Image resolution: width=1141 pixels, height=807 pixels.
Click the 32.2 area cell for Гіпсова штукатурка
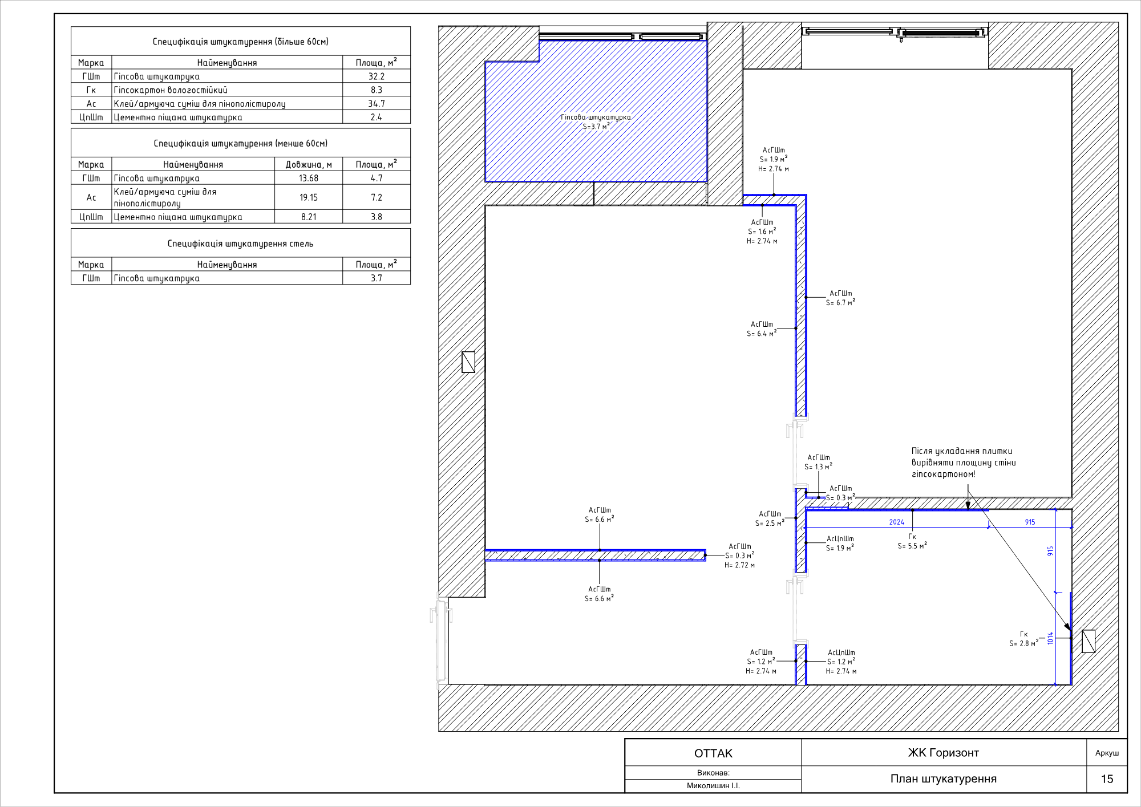point(377,76)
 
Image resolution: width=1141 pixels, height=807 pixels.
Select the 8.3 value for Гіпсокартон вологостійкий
point(377,90)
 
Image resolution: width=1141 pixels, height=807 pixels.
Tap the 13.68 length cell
point(309,178)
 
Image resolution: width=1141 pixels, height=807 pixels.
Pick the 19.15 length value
point(309,197)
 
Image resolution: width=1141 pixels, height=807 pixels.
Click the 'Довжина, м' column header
point(309,165)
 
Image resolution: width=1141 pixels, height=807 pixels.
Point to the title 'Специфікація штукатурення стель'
point(240,244)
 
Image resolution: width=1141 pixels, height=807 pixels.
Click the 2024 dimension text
point(897,522)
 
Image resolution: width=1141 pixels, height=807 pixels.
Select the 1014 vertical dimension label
point(1050,638)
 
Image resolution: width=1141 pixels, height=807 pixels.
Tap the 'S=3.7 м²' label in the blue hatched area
point(596,127)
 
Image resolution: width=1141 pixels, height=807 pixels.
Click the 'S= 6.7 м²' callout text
point(841,303)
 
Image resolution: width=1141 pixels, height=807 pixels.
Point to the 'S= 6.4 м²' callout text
point(762,334)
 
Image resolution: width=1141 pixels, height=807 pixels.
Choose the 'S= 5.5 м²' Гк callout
point(912,546)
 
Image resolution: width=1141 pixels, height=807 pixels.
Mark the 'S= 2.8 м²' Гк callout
point(1024,643)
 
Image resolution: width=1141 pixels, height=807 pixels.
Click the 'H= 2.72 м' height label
point(739,565)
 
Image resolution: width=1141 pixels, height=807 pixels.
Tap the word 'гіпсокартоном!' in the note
point(944,474)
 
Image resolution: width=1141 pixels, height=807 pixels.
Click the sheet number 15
point(1107,779)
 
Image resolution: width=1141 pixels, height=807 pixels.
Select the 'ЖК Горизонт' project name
point(944,753)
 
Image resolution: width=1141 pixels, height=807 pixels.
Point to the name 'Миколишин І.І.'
point(713,786)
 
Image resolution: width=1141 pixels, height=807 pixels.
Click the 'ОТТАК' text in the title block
point(713,753)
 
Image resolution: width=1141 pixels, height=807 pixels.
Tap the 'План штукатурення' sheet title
point(944,779)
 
